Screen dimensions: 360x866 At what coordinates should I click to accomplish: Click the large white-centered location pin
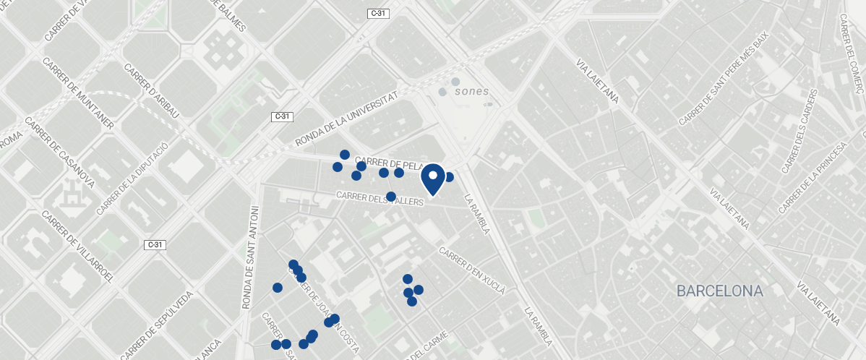[432, 179]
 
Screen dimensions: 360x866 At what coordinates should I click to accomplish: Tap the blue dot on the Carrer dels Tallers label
[391, 197]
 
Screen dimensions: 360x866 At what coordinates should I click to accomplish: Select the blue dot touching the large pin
[449, 177]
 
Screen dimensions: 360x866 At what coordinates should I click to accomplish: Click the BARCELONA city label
[719, 291]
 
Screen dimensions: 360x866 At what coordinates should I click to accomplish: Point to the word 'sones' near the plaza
[472, 92]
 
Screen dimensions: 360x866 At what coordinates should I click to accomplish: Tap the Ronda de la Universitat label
[347, 118]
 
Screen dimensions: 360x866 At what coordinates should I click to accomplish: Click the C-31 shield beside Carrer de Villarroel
[155, 244]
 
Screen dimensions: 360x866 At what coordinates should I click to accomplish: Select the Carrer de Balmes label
[230, 16]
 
